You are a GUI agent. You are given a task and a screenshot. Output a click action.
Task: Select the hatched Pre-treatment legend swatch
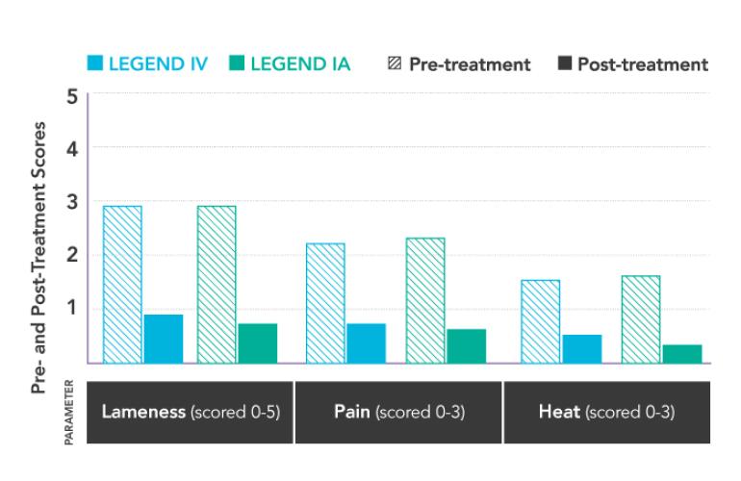pos(394,64)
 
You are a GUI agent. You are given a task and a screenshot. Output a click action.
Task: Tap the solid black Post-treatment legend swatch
pos(565,64)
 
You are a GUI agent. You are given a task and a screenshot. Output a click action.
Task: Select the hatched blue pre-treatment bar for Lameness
pos(122,285)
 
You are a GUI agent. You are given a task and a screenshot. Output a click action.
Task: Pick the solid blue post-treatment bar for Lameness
pos(163,339)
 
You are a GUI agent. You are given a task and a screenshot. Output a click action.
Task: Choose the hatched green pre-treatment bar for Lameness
pos(217,285)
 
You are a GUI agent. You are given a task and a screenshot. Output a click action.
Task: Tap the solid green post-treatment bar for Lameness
pos(257,343)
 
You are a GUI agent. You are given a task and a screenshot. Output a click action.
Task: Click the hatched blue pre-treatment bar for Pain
pos(325,303)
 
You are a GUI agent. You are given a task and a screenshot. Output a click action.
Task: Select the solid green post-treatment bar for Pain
pos(467,346)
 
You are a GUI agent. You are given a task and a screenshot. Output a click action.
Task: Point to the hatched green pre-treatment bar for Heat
pos(641,319)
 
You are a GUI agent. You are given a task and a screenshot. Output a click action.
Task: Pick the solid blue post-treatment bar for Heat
pos(582,349)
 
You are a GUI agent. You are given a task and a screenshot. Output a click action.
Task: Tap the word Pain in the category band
pos(352,413)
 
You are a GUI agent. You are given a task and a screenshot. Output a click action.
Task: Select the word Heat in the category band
pos(558,413)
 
